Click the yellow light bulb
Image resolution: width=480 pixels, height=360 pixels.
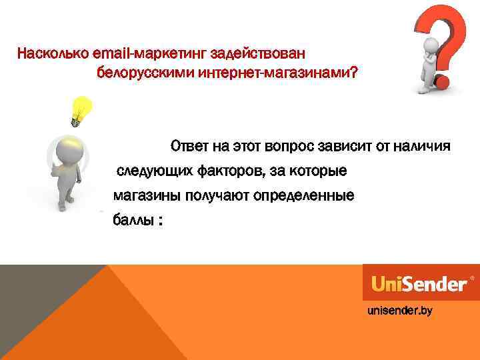(x=81, y=109)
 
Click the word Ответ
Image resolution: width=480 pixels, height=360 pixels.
(x=190, y=145)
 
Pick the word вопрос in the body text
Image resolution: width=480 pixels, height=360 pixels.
(x=287, y=145)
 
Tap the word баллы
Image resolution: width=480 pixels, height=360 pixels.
(x=131, y=221)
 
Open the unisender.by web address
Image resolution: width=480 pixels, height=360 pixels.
(x=399, y=311)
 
